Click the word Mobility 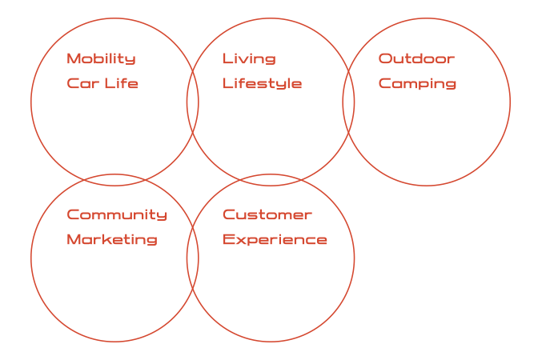[x=101, y=59]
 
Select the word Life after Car [x=122, y=84]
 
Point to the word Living [x=249, y=59]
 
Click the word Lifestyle [x=262, y=84]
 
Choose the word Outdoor [x=416, y=59]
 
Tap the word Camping [x=417, y=84]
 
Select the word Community [x=117, y=215]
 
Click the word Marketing [x=111, y=240]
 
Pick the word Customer [x=267, y=215]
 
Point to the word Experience [x=275, y=240]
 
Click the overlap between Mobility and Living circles [x=193, y=102]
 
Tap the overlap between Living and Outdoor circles [x=348, y=102]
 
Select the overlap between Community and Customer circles [x=193, y=258]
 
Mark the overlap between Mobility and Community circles [x=114, y=180]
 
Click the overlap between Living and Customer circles [x=271, y=180]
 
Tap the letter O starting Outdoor [x=385, y=59]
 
